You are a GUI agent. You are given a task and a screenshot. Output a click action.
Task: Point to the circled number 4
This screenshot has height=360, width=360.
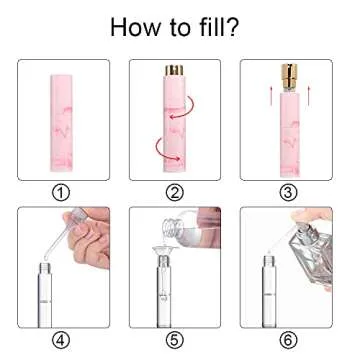63,337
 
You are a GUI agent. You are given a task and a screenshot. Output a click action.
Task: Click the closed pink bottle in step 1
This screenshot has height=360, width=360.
63,117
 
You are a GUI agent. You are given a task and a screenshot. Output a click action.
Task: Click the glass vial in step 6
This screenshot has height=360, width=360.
269,290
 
